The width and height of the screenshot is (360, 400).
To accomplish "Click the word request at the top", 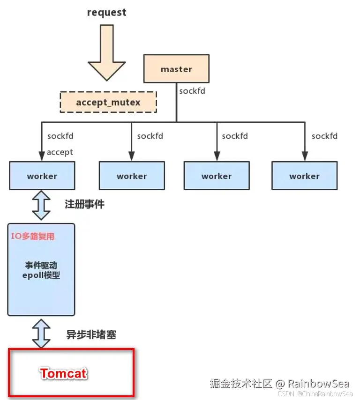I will pyautogui.click(x=106, y=13).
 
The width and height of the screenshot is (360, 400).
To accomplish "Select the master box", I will pyautogui.click(x=176, y=69).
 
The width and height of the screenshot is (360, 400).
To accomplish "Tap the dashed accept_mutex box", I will pyautogui.click(x=108, y=102).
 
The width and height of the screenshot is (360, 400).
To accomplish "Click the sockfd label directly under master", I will pyautogui.click(x=192, y=91).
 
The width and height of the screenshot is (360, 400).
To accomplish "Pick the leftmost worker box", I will pyautogui.click(x=42, y=176).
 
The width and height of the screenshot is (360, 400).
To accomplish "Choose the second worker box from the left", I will pyautogui.click(x=132, y=176).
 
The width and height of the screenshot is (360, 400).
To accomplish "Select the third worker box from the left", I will pyautogui.click(x=216, y=176).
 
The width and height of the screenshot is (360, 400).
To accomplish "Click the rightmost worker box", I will pyautogui.click(x=304, y=176).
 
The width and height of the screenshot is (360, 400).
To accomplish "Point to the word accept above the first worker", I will pyautogui.click(x=60, y=152).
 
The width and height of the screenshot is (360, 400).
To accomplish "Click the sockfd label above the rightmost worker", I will pyautogui.click(x=324, y=136).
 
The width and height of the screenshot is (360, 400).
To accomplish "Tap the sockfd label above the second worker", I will pyautogui.click(x=150, y=136).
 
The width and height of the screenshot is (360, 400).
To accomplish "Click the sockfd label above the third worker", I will pyautogui.click(x=235, y=136).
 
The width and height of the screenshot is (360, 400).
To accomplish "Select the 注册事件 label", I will pyautogui.click(x=84, y=204).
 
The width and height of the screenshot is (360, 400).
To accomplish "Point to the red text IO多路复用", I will pyautogui.click(x=33, y=237).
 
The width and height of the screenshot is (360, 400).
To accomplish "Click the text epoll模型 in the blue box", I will pyautogui.click(x=41, y=275).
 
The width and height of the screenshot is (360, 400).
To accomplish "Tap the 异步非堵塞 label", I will pyautogui.click(x=91, y=334).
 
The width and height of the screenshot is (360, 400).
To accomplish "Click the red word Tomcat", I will pyautogui.click(x=64, y=373).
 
